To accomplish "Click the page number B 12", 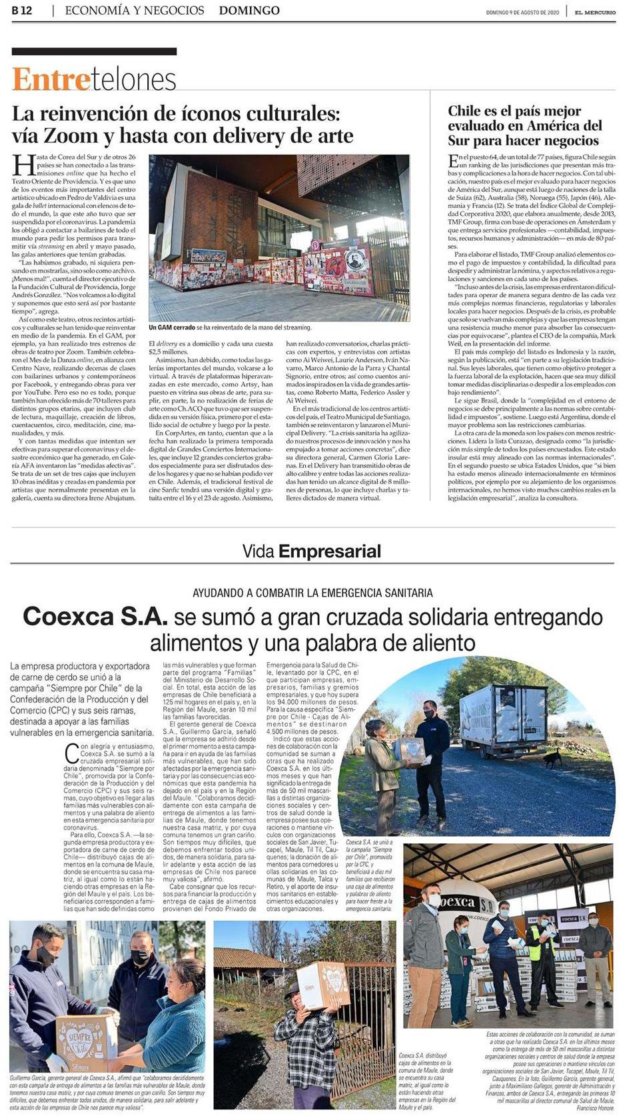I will [x=23, y=11].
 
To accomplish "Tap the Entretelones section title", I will [x=94, y=80].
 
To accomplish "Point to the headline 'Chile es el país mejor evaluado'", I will [x=524, y=125].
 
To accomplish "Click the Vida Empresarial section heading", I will [x=311, y=551].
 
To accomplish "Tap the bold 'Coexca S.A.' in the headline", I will [x=95, y=616].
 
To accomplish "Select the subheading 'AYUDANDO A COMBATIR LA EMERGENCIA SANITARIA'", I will [x=312, y=593].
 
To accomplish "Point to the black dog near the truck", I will [x=552, y=757].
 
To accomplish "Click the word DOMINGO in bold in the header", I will [x=249, y=11].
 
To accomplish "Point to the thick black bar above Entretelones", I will [x=95, y=51].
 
